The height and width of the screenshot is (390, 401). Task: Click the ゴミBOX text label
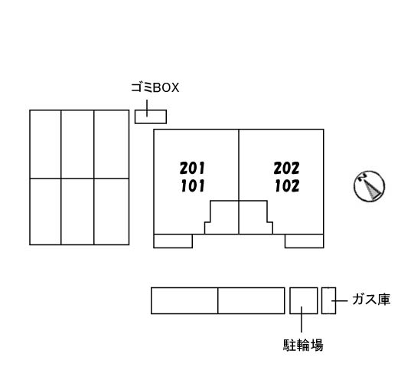coord(155,87)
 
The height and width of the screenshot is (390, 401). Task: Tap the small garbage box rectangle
coord(151,116)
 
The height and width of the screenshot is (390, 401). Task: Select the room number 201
coord(192,169)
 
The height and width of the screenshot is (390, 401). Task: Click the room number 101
coord(193,186)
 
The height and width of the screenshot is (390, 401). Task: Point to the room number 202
coord(286,169)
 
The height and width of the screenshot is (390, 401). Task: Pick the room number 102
coord(287,186)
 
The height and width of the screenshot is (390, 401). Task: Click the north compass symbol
coord(370,186)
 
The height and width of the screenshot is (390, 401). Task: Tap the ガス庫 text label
coord(371,300)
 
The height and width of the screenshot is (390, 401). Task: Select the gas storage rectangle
coord(328,300)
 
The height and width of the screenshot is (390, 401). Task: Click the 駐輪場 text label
coord(303,345)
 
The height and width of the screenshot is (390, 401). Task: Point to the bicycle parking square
coord(304,300)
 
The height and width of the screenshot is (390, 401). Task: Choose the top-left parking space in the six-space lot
coord(45,144)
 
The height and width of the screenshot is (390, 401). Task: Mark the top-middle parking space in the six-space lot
coord(77,144)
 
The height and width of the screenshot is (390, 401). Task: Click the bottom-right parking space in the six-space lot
coord(112,211)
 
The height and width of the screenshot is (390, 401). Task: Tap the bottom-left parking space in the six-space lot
coord(45,211)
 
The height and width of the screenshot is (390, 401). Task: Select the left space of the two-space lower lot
coord(184,300)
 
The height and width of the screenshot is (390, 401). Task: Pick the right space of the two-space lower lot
coord(251,300)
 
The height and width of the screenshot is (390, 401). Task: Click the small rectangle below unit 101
coord(173,241)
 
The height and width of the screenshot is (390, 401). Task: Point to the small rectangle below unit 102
coord(305,241)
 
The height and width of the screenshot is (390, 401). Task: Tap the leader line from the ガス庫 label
coord(340,301)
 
